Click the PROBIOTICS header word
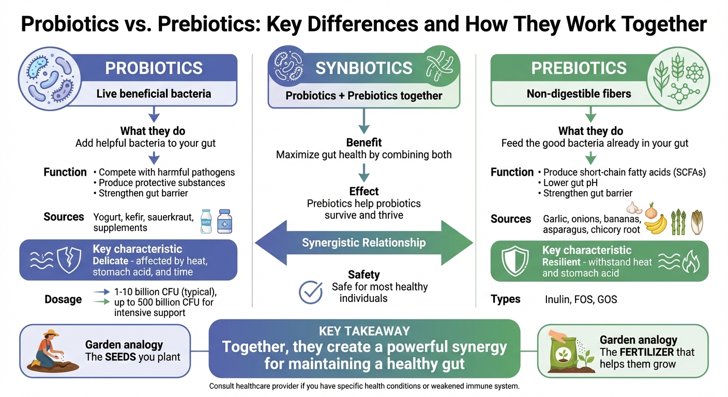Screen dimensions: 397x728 point(154,68)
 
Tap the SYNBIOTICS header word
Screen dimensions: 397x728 point(364,68)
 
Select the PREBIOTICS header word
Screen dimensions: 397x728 point(579,68)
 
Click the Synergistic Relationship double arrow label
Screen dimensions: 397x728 point(364,242)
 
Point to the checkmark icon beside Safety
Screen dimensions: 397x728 point(311,292)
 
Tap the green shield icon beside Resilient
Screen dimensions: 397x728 point(514,261)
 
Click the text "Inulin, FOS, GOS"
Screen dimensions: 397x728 point(581,299)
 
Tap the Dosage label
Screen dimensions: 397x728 point(63,299)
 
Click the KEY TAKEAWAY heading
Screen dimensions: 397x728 point(365,331)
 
